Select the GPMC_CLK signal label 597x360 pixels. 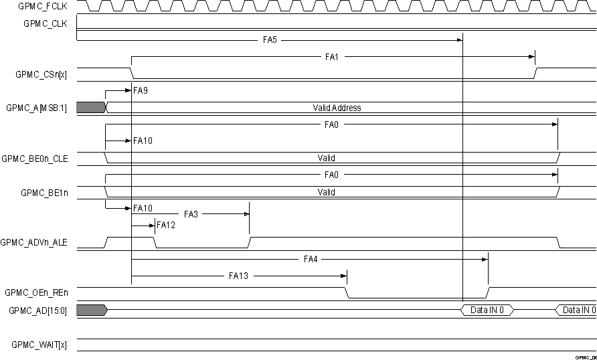coord(46,23)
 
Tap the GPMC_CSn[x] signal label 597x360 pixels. coord(41,74)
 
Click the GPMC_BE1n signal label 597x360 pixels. coord(44,192)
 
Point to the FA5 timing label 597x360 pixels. coord(270,40)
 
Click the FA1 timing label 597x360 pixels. coord(332,58)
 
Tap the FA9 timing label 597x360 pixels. coord(141,90)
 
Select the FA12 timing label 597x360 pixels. coord(165,226)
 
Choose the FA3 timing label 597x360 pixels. coord(191,214)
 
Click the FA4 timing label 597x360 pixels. coord(310,259)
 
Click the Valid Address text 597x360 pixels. coord(337,108)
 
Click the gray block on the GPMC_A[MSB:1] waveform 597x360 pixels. coord(91,108)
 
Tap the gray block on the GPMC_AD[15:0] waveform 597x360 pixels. coord(91,310)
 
